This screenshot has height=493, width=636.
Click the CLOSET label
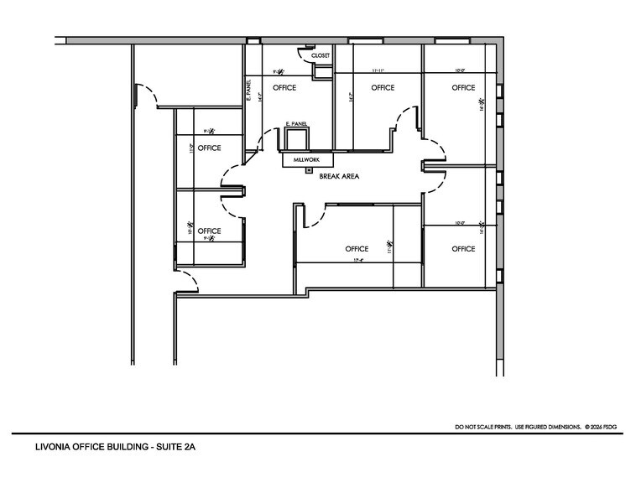321,56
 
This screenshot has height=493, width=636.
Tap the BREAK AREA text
340,177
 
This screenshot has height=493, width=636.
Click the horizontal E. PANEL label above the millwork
296,124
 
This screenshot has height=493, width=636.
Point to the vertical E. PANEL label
249,91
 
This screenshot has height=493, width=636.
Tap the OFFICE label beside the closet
284,88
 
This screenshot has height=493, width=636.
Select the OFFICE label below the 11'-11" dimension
383,88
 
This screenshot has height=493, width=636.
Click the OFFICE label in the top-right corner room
463,88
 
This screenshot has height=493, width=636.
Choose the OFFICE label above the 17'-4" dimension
357,249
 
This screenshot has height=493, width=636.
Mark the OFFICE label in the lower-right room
463,249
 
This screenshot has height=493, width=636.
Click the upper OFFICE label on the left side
209,148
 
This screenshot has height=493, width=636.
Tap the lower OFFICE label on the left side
209,231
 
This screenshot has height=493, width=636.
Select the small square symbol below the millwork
309,170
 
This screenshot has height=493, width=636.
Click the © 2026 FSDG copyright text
604,428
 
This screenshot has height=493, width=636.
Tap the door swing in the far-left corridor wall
148,94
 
